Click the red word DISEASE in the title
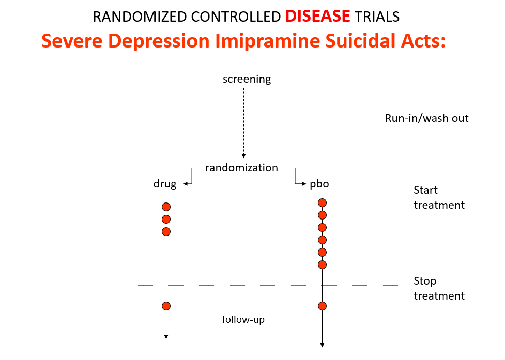[317, 16]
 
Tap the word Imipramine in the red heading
[267, 41]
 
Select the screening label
[247, 79]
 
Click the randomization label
[241, 168]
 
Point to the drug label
[165, 184]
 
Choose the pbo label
[319, 184]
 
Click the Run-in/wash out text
[427, 118]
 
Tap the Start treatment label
[439, 197]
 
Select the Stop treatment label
[439, 288]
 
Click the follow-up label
[243, 320]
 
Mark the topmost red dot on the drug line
[166, 207]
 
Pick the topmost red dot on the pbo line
[323, 202]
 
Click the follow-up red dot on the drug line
[166, 306]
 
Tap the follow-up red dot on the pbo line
[323, 306]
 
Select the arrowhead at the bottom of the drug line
[166, 337]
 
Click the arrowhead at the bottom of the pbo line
[323, 345]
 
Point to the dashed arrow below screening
[244, 123]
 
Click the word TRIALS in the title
[377, 17]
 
